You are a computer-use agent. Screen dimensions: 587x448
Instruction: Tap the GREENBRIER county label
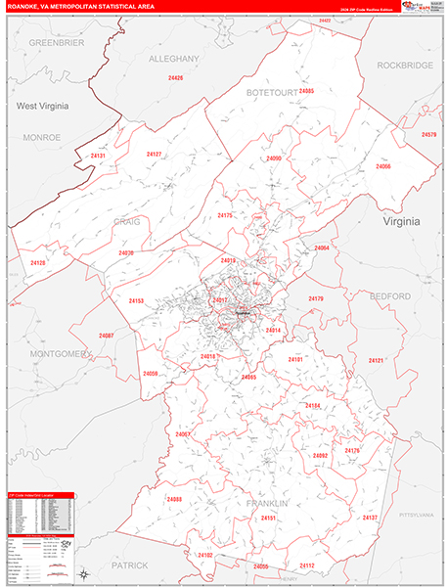click(57, 44)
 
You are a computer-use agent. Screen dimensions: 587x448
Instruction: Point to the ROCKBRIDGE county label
click(404, 65)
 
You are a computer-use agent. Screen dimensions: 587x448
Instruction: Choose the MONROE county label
click(42, 137)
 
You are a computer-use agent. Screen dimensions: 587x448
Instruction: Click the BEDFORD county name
click(390, 294)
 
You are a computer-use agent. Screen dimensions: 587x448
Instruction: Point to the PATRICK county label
click(128, 565)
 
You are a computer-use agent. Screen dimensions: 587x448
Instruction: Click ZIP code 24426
click(175, 77)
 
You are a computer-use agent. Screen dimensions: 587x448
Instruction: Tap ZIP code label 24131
click(98, 156)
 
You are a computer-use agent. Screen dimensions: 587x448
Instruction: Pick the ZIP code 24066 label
click(382, 167)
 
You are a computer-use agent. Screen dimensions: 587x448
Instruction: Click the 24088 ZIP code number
click(174, 500)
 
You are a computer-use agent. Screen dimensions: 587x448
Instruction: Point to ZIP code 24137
click(370, 517)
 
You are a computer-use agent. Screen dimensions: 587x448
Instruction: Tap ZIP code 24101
click(295, 360)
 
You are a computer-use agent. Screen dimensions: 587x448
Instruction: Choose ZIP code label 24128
click(38, 263)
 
